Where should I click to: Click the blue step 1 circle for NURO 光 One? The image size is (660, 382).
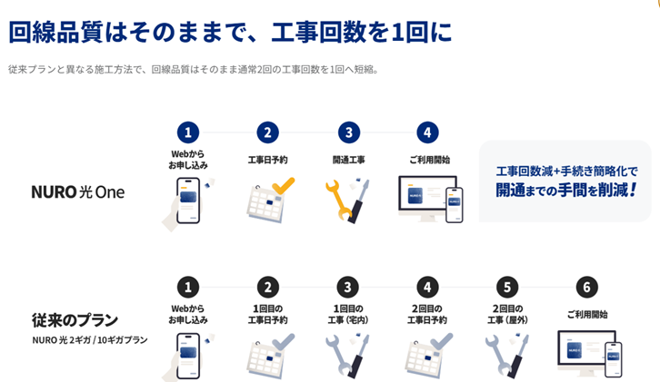point(188,132)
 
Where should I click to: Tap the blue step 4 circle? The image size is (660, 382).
point(427,132)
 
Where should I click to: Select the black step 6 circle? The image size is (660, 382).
point(586,287)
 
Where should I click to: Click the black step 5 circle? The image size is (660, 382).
point(507,287)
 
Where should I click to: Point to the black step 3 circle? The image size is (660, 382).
point(347,287)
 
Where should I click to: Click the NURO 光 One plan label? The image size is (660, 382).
point(78,192)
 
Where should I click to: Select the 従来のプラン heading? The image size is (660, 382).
point(75,320)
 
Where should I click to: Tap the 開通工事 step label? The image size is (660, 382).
point(348,160)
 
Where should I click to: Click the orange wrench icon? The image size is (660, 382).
point(338,200)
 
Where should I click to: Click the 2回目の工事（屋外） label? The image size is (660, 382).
point(507,314)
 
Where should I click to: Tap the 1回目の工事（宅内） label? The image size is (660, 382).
point(348,314)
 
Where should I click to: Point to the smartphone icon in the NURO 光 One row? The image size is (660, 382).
point(188,201)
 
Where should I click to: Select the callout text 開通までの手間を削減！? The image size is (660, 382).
point(566,190)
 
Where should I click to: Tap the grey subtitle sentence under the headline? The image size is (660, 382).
point(194,69)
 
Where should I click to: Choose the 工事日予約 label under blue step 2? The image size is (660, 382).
point(267,160)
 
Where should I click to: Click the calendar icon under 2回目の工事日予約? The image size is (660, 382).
point(428,355)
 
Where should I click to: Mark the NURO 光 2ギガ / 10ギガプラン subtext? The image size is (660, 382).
point(90,339)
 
